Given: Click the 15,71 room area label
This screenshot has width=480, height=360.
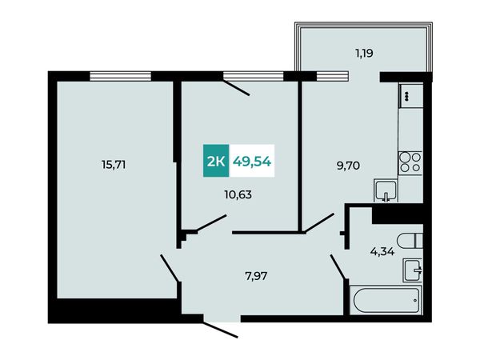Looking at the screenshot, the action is (x=114, y=166).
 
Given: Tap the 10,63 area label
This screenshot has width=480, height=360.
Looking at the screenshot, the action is (x=238, y=194).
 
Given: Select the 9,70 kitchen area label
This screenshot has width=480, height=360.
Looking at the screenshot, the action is (x=348, y=166).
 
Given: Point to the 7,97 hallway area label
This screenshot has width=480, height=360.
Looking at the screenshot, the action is (x=256, y=276).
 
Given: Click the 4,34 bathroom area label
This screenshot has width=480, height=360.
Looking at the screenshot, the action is (x=382, y=252).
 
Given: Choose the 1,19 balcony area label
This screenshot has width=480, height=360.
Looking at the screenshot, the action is (x=364, y=54).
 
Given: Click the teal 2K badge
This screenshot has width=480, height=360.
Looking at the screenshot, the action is (x=216, y=161).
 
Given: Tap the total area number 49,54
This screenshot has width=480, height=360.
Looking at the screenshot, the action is (x=252, y=161).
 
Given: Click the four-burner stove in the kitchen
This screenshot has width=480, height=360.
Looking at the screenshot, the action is (x=410, y=162).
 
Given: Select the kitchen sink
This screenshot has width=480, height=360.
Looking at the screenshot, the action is (x=386, y=191).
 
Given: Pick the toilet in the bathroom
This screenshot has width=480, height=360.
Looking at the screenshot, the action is (x=410, y=240).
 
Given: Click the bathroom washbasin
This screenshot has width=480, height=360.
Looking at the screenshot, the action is (x=413, y=270).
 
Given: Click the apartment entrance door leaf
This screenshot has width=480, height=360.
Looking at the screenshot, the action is (x=221, y=330).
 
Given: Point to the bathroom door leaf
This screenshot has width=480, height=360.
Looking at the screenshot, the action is (x=338, y=266).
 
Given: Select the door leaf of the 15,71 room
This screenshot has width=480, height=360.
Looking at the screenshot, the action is (x=170, y=267).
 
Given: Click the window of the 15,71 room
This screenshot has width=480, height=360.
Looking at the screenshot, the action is (x=121, y=76).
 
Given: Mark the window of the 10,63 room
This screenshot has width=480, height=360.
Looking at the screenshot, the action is (x=253, y=76).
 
